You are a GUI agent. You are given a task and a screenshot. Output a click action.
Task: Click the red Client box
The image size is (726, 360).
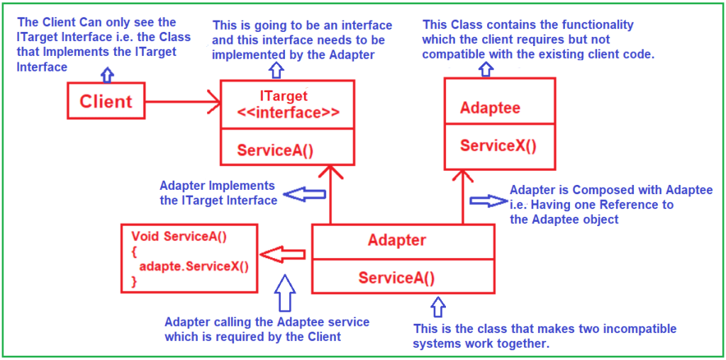pyautogui.click(x=106, y=101)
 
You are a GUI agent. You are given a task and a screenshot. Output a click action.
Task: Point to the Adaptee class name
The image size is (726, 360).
pyautogui.click(x=490, y=108)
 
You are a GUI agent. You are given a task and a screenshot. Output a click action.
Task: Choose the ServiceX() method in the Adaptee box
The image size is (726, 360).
pyautogui.click(x=498, y=146)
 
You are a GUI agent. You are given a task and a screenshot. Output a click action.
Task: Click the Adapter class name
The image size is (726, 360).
pyautogui.click(x=397, y=240)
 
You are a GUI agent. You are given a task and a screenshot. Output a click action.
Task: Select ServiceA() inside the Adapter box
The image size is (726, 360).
pyautogui.click(x=397, y=277)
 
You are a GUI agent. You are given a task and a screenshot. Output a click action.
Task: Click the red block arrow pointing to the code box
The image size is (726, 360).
pyautogui.click(x=281, y=253)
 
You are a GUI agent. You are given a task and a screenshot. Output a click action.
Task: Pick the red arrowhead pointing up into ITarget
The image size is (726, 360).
pyautogui.click(x=330, y=173)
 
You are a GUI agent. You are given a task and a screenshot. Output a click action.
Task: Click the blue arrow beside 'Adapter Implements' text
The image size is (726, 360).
pyautogui.click(x=298, y=193)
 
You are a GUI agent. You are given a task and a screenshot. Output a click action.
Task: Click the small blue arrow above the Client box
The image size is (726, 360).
pyautogui.click(x=106, y=73)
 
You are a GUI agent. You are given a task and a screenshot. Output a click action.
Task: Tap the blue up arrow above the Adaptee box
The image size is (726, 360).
pyautogui.click(x=486, y=68)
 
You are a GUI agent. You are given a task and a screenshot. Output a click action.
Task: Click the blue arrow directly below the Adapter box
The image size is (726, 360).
pyautogui.click(x=437, y=307)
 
